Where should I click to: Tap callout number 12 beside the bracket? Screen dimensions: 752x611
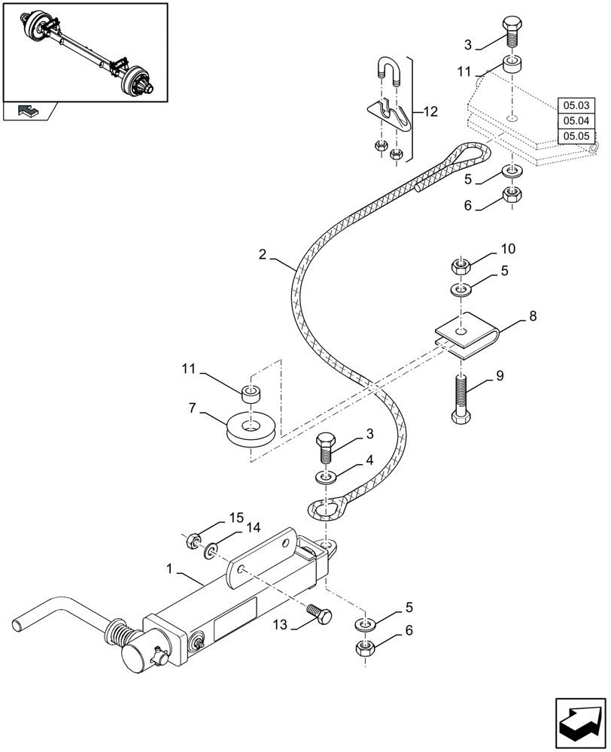coord(430,112)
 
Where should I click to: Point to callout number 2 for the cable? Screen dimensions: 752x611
coord(262,255)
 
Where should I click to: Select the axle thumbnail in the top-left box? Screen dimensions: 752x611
coord(85,52)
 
